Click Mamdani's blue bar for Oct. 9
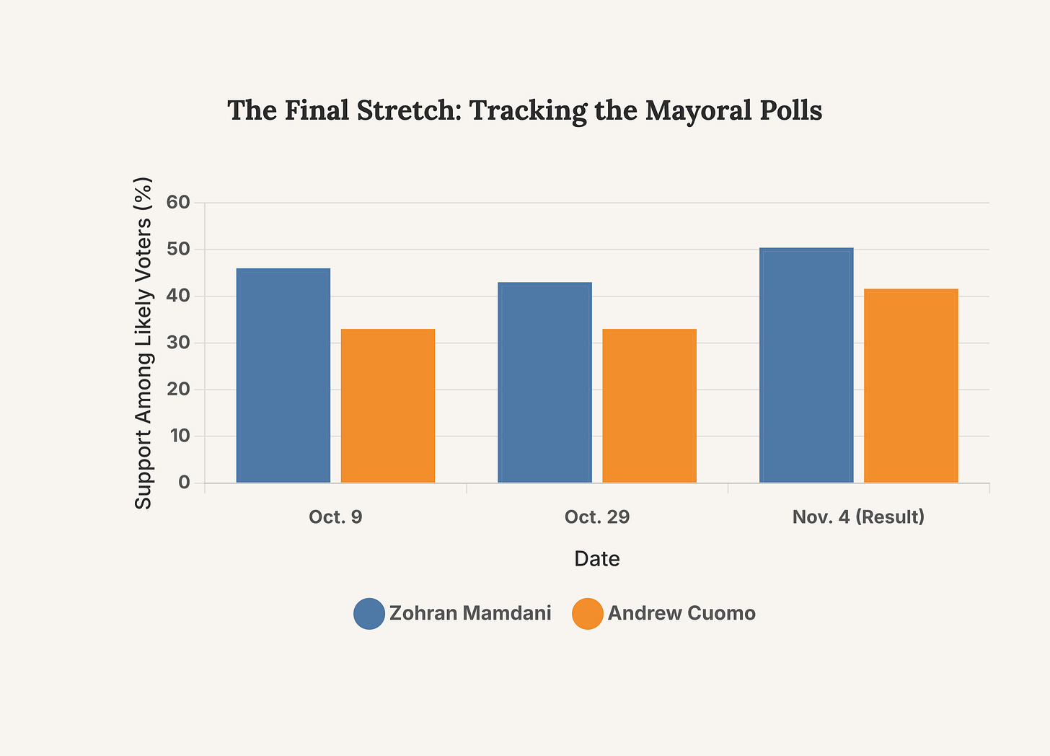[x=283, y=375]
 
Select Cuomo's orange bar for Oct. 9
[x=388, y=405]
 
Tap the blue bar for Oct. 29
[x=544, y=382]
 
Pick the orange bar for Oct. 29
[x=649, y=405]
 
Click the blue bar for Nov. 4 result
[x=806, y=365]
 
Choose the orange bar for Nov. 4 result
[x=911, y=385]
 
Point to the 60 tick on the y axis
[x=178, y=203]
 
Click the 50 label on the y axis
[x=178, y=250]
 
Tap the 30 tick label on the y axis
[x=178, y=343]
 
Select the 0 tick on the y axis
[x=184, y=483]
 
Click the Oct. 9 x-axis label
[x=335, y=517]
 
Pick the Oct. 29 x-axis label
[x=597, y=517]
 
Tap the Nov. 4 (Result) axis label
[x=858, y=517]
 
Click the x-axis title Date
[x=597, y=559]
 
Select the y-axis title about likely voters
[x=144, y=343]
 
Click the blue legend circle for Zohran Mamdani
[x=369, y=614]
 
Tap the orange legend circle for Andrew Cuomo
[x=588, y=614]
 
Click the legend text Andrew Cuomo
[x=681, y=614]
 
